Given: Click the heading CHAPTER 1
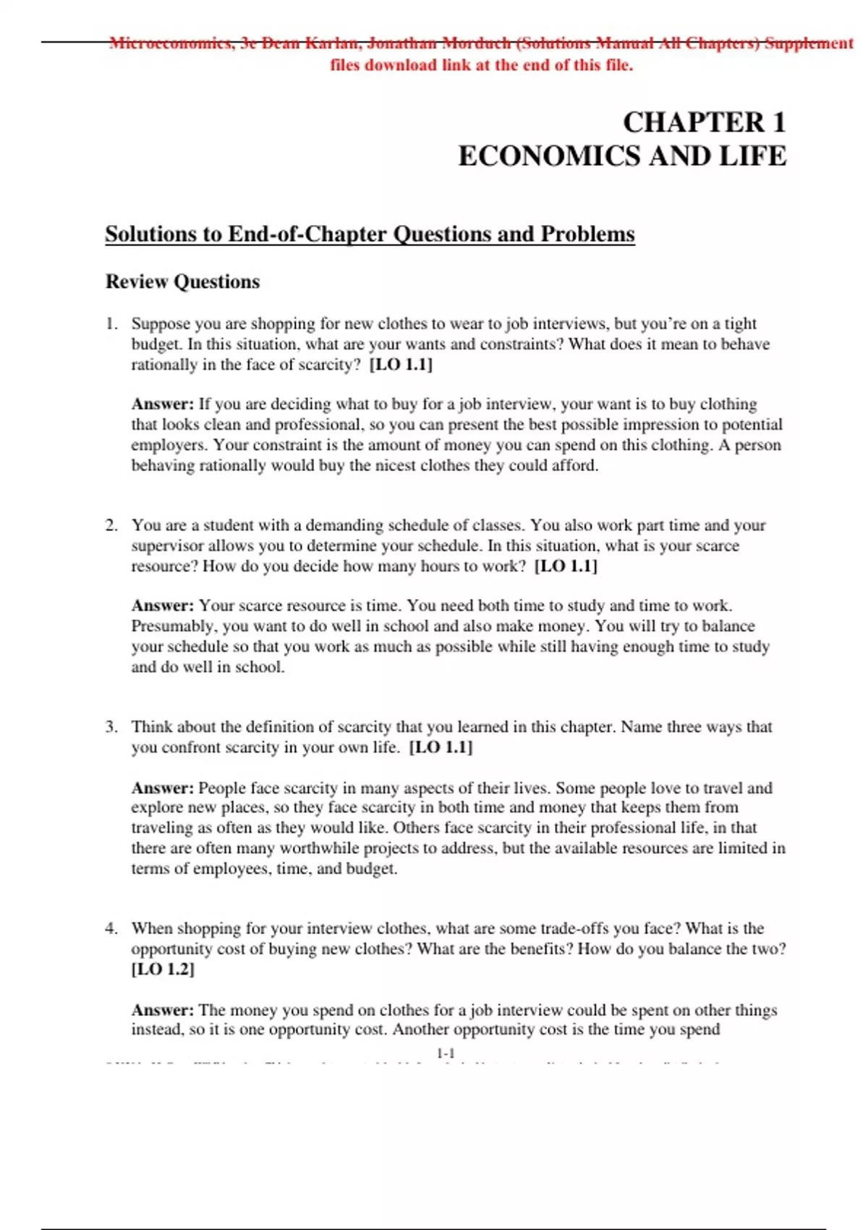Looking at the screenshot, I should pyautogui.click(x=704, y=122).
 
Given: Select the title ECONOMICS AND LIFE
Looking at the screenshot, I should pyautogui.click(x=622, y=156).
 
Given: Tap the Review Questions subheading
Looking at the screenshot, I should pyautogui.click(x=182, y=281).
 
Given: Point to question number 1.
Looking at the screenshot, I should pyautogui.click(x=111, y=323).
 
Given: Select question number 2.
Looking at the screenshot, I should pyautogui.click(x=111, y=525).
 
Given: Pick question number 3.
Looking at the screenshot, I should pyautogui.click(x=111, y=726).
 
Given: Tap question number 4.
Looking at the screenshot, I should pyautogui.click(x=111, y=928).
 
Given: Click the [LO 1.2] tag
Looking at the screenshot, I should pyautogui.click(x=163, y=969).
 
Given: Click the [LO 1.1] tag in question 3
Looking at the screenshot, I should pyautogui.click(x=441, y=747).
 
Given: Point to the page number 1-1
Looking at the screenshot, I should pyautogui.click(x=446, y=1053).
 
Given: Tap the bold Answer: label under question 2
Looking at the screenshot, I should pyautogui.click(x=162, y=606).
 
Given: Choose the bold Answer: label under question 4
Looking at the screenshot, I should pyautogui.click(x=162, y=1009).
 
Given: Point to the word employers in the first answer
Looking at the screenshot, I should pyautogui.click(x=167, y=445).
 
